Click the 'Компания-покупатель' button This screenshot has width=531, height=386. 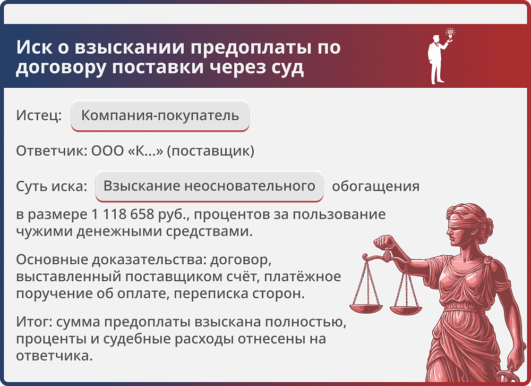(x=160, y=115)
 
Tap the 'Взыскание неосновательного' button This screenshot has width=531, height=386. (x=209, y=187)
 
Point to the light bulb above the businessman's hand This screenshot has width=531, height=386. (x=451, y=33)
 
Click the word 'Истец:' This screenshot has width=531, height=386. (x=39, y=116)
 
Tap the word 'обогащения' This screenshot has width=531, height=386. (x=375, y=187)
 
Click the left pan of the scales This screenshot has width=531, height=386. (x=366, y=307)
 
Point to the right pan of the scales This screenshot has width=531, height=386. (x=406, y=309)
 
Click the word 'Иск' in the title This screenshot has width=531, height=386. (x=31, y=48)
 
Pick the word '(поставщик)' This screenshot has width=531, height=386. (x=211, y=151)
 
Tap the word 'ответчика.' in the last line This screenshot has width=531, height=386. (x=54, y=356)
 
